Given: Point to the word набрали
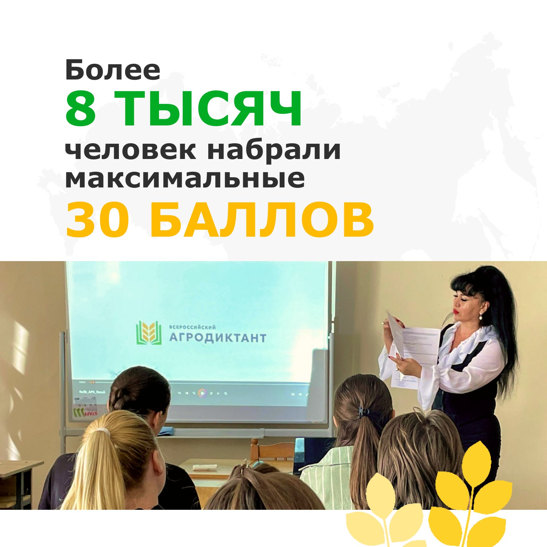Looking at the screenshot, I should click(x=274, y=150).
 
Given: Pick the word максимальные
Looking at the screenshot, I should click(x=185, y=178).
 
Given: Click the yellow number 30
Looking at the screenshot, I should click(x=96, y=220).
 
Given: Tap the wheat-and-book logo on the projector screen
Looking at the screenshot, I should click(x=148, y=333).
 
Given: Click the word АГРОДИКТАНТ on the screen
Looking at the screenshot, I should click(x=217, y=338).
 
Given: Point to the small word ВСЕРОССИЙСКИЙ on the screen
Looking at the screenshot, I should click(x=193, y=327).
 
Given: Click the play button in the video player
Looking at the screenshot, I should click(x=202, y=393).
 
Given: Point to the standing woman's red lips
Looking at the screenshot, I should click(x=456, y=312).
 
